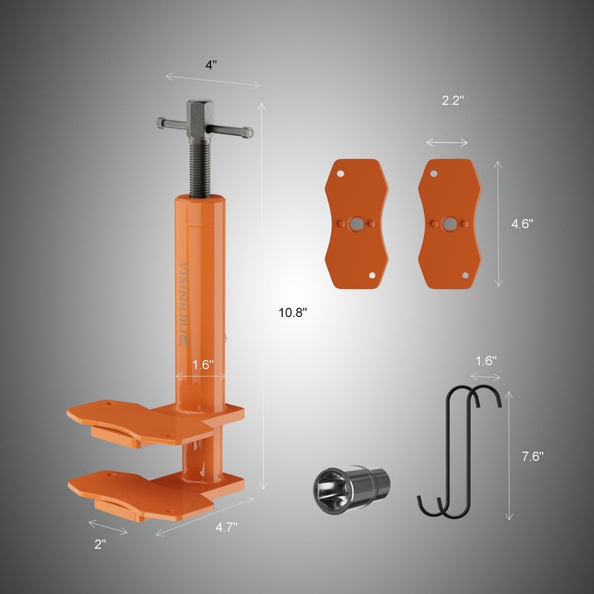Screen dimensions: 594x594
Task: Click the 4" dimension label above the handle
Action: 211,65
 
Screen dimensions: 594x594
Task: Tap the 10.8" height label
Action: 293,313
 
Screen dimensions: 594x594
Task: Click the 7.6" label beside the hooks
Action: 532,455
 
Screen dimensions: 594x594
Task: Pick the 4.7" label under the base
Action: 226,529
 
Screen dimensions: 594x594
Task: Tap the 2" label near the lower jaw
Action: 100,543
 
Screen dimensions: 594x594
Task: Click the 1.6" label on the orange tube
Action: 203,365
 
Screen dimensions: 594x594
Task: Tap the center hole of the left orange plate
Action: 357,223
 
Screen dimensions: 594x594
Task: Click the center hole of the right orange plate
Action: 449,223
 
